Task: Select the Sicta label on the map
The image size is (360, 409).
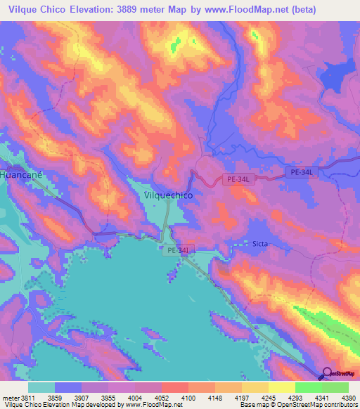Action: tap(260, 244)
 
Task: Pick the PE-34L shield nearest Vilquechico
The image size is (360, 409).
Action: tap(238, 179)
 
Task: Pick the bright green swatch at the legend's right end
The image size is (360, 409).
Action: tap(335, 387)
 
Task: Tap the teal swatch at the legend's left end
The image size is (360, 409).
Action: tap(41, 387)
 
